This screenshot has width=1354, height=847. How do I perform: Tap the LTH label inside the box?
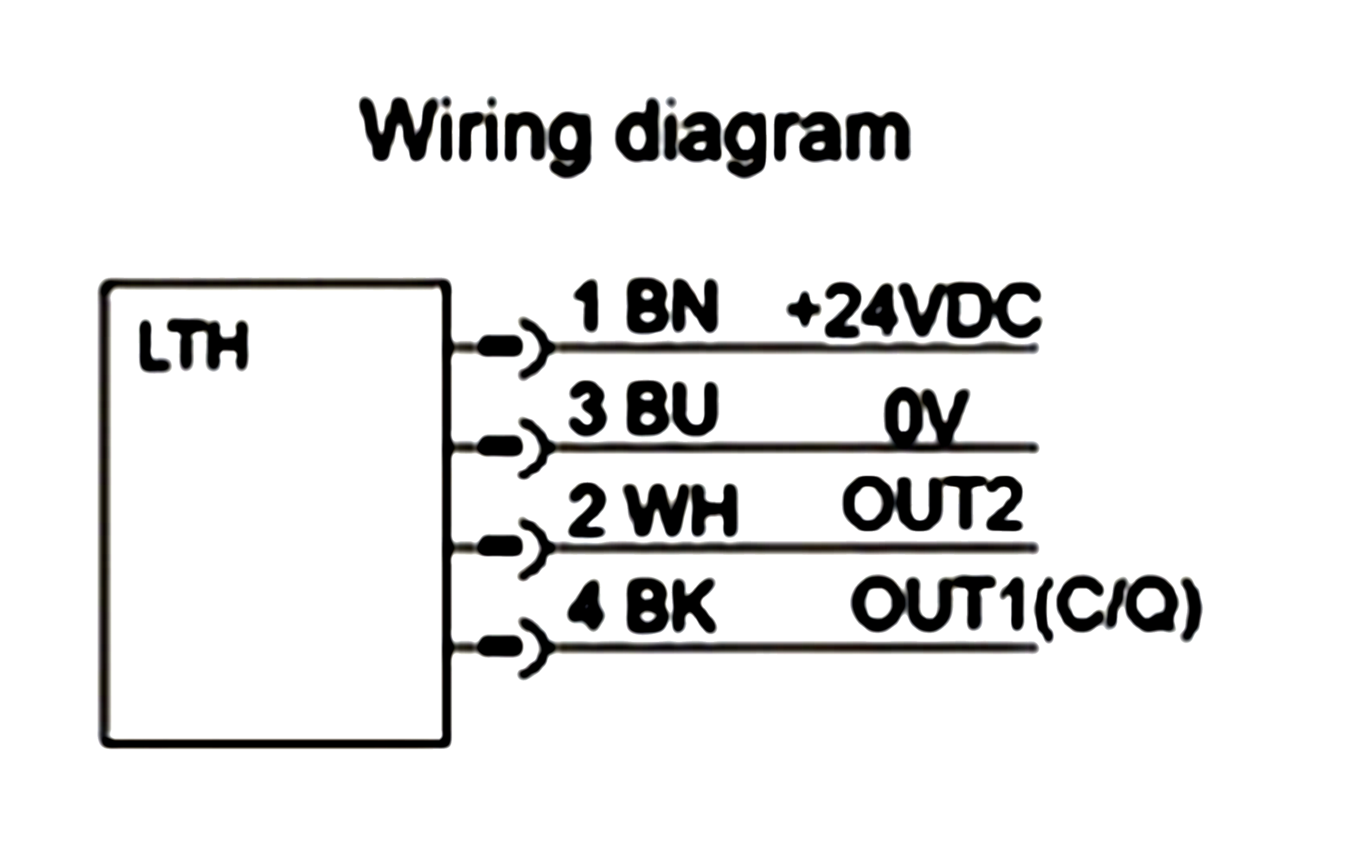pyautogui.click(x=193, y=345)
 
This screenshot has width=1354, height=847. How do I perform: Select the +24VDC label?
pyautogui.click(x=914, y=310)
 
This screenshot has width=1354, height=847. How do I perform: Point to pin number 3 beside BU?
pyautogui.click(x=588, y=409)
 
